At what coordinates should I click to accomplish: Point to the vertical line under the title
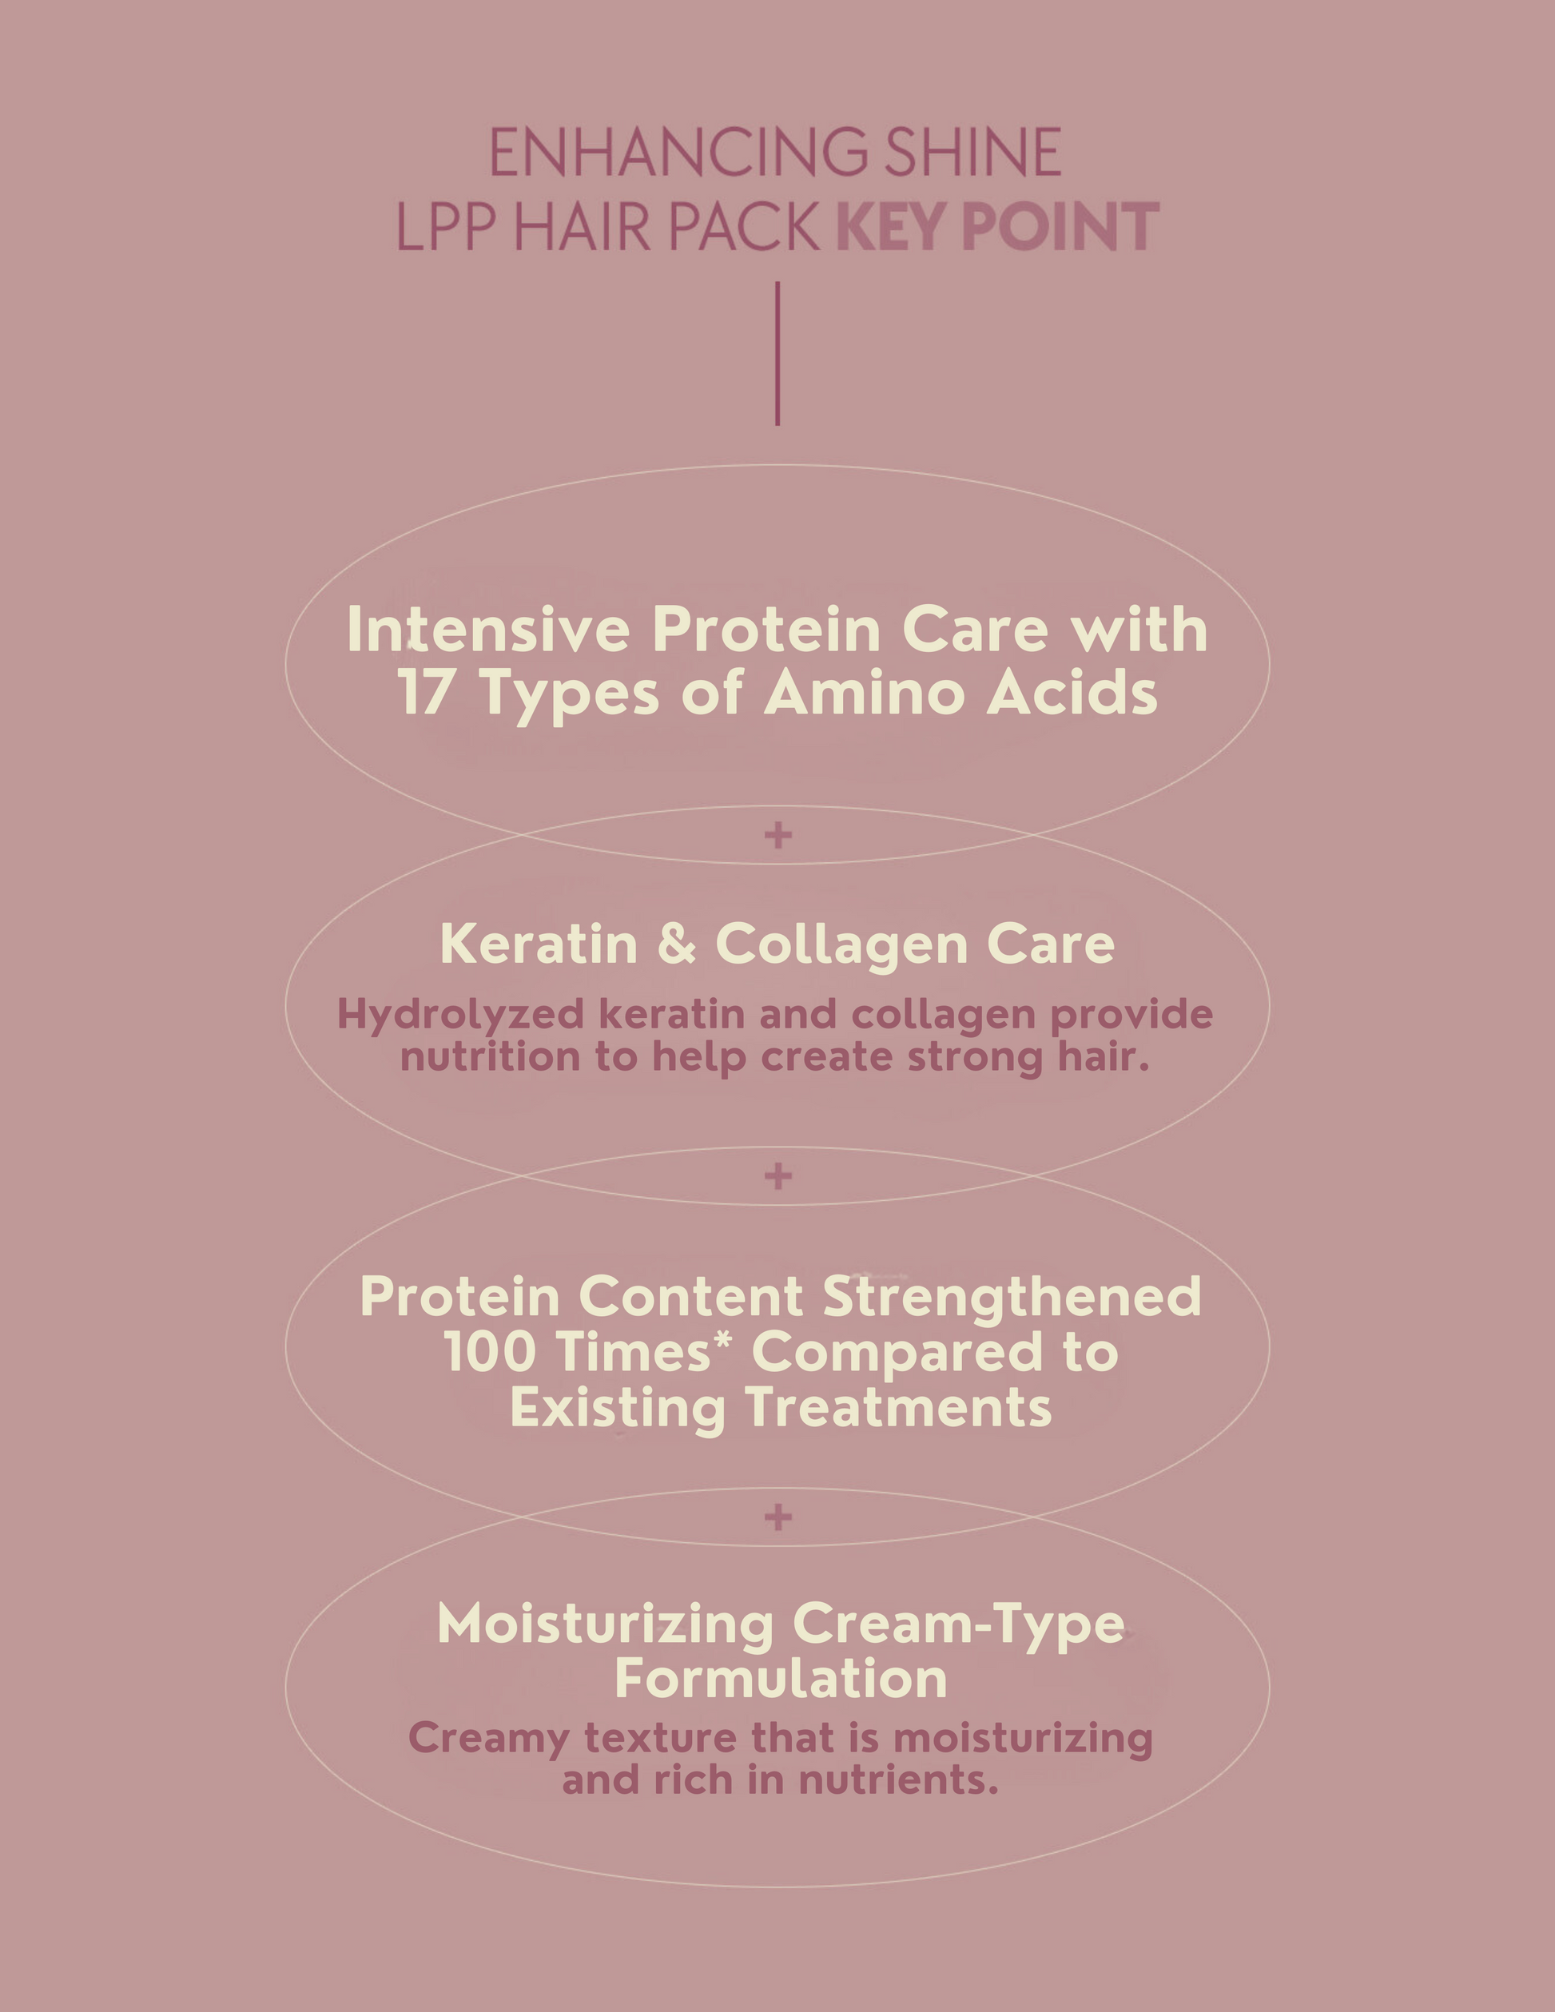point(777,354)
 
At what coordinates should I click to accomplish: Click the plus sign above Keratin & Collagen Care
point(778,836)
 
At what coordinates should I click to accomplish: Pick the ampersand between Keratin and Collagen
point(677,944)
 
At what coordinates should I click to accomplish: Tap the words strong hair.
point(1030,1056)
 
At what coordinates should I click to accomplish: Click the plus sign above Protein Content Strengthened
point(778,1175)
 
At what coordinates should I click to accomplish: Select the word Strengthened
point(1012,1297)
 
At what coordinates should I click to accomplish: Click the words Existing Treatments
point(780,1409)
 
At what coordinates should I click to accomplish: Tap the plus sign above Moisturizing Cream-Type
point(778,1517)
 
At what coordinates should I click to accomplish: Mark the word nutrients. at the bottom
point(898,1779)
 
